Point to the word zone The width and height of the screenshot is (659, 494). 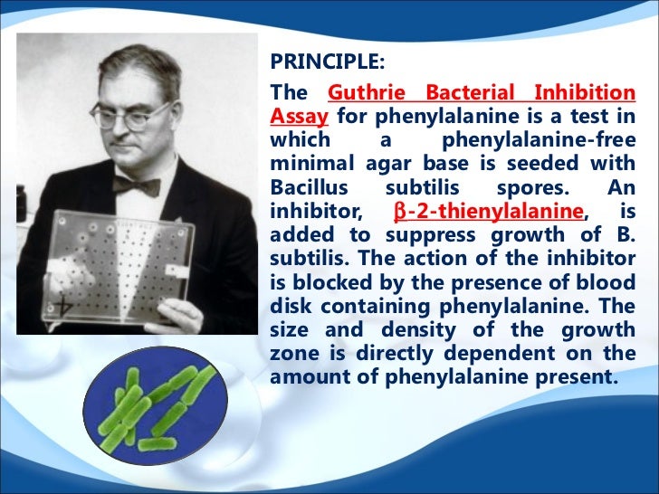point(293,354)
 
